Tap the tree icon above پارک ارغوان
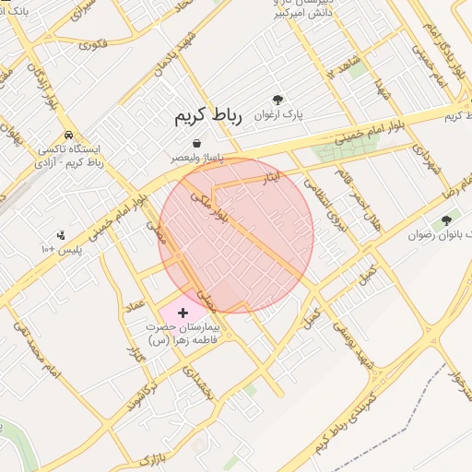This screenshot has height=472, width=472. [x=277, y=100]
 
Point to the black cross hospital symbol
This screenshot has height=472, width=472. [x=182, y=313]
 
